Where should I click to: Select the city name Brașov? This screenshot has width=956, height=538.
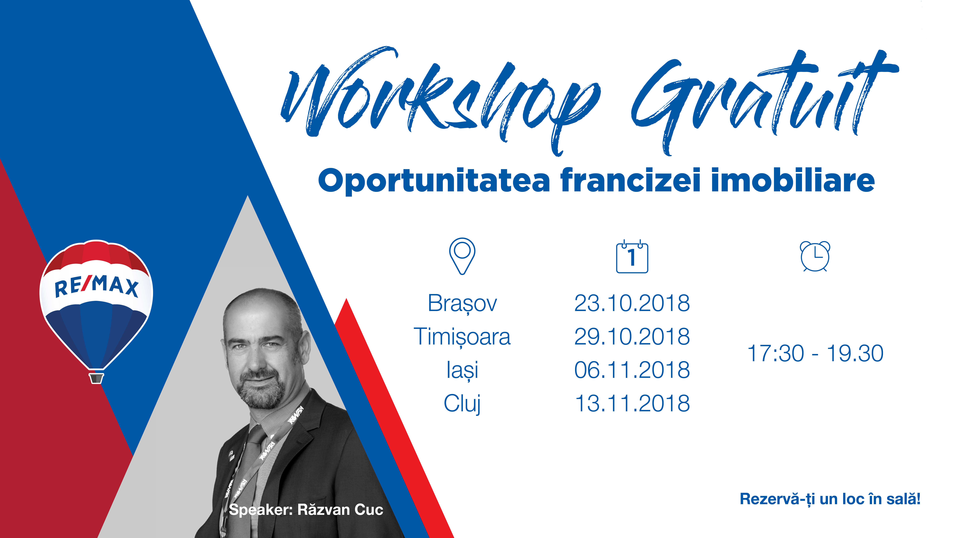click(462, 304)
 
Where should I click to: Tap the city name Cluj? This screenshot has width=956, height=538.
click(462, 404)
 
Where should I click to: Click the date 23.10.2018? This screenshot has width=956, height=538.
click(632, 303)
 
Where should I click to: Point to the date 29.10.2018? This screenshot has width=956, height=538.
click(632, 337)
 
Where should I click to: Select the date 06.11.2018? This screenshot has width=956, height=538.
click(632, 370)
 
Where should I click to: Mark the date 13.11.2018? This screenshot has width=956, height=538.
click(632, 404)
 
